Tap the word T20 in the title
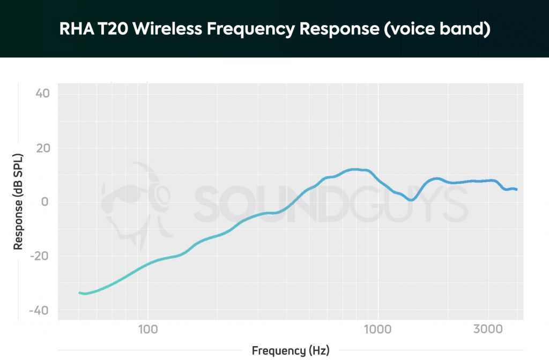click(111, 29)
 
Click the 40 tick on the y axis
click(42, 94)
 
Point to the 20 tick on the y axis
click(42, 148)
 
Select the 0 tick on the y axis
click(46, 202)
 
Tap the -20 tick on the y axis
click(40, 257)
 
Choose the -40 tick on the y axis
click(40, 311)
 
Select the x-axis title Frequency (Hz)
click(291, 351)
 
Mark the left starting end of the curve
click(79, 292)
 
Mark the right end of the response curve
click(516, 189)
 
